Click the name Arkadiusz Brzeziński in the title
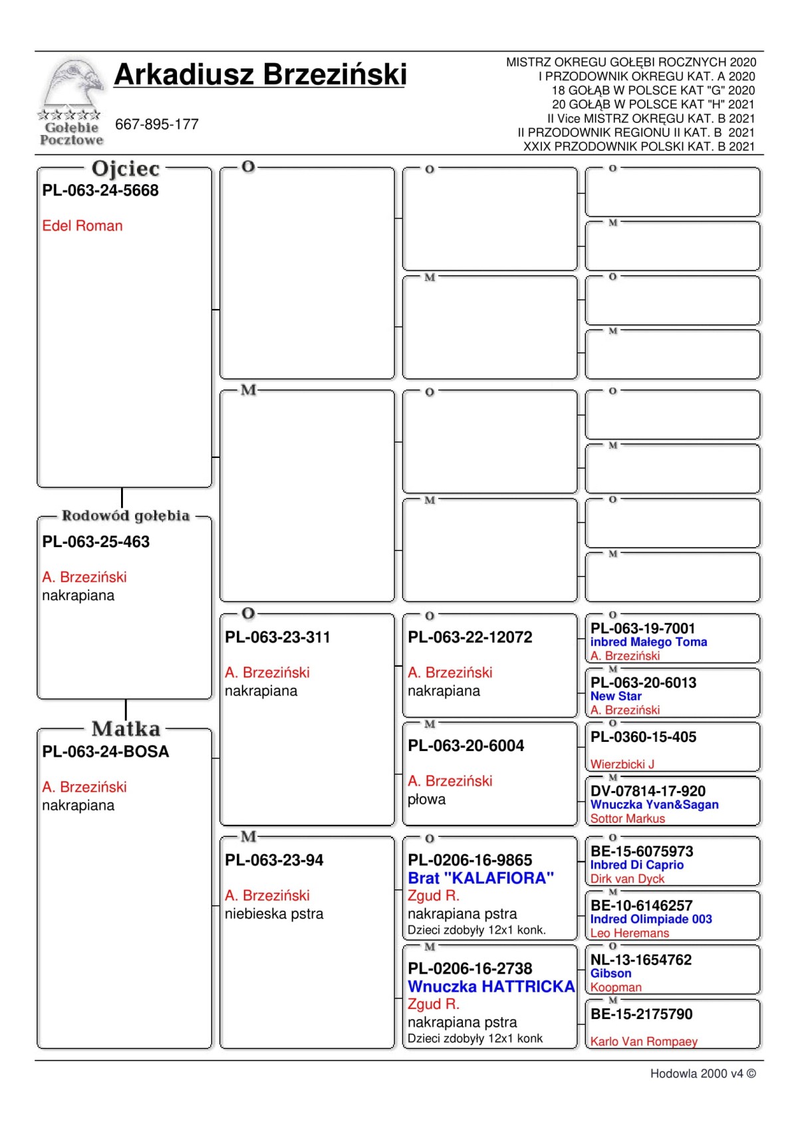260,74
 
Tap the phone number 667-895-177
157,124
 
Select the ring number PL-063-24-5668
100,191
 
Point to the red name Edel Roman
82,226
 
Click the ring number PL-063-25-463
96,542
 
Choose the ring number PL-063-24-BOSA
106,752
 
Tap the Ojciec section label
126,169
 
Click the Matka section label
126,729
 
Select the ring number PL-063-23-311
277,637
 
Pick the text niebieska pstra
274,914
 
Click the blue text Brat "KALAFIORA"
481,878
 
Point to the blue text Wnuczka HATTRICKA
491,986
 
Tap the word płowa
426,800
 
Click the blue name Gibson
610,973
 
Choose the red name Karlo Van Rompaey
644,1042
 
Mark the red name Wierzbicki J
622,764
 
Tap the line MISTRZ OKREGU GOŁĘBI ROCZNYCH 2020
630,62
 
